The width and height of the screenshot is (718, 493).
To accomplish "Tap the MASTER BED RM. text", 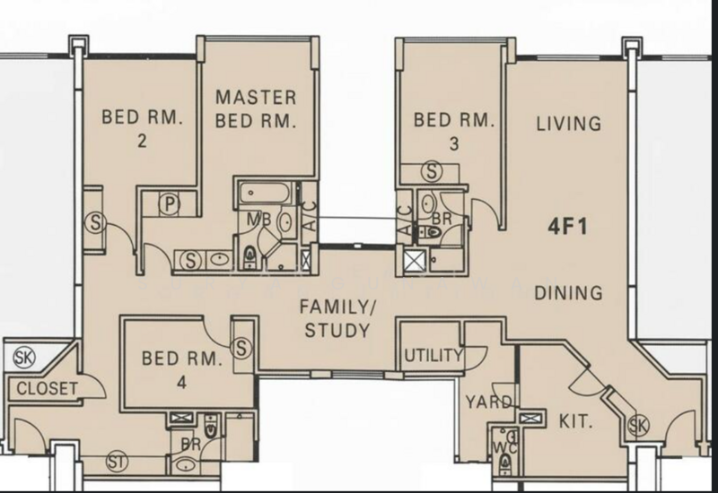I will (x=256, y=108).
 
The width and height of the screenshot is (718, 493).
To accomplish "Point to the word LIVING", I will (x=569, y=124).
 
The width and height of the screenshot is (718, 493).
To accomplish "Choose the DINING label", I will (x=568, y=292).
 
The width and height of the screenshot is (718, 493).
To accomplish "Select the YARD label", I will (x=490, y=402).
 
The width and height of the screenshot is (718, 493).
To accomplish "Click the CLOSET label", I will (x=48, y=388).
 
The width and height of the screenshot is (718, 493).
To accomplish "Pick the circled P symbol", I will (x=170, y=205).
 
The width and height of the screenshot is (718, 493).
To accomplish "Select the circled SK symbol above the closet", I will (x=24, y=358).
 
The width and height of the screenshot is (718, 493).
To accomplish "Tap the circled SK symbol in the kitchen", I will (x=638, y=425).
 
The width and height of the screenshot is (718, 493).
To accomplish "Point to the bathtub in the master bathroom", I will (x=265, y=193).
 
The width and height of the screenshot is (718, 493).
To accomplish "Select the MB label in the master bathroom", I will (x=256, y=220).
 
